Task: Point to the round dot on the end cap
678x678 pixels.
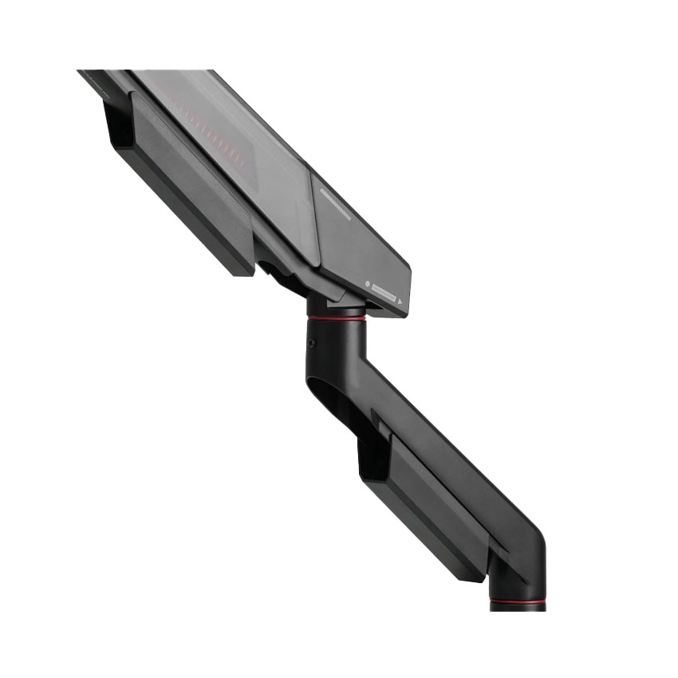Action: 366,285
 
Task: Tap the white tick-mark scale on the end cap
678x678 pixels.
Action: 335,204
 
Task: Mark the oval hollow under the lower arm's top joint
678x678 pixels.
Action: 335,399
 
